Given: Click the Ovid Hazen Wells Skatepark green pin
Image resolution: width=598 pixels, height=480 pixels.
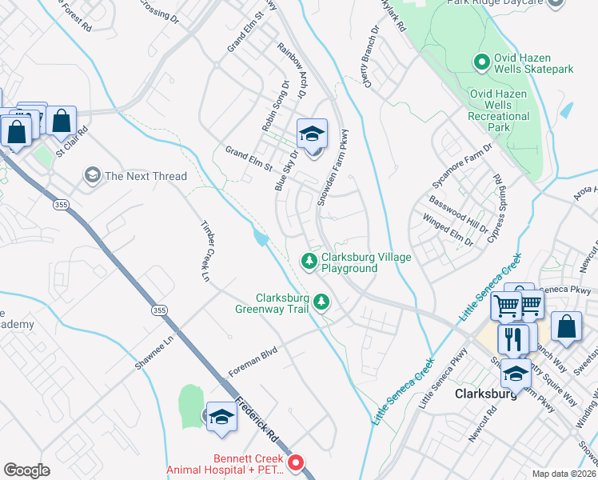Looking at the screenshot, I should click(x=481, y=61).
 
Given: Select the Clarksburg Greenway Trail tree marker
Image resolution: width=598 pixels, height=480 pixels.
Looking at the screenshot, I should click(x=321, y=302).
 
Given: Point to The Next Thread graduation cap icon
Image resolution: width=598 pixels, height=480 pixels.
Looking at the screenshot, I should click(x=93, y=175).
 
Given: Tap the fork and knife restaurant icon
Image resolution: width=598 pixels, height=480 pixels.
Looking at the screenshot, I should click(x=512, y=339).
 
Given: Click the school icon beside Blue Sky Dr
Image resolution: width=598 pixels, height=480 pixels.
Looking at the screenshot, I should click(x=312, y=133).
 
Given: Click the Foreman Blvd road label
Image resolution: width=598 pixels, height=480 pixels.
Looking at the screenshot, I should click(x=253, y=361).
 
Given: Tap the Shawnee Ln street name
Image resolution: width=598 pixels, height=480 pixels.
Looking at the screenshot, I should click(x=154, y=351).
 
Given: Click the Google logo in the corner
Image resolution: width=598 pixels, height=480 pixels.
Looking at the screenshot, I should click(x=26, y=470).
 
